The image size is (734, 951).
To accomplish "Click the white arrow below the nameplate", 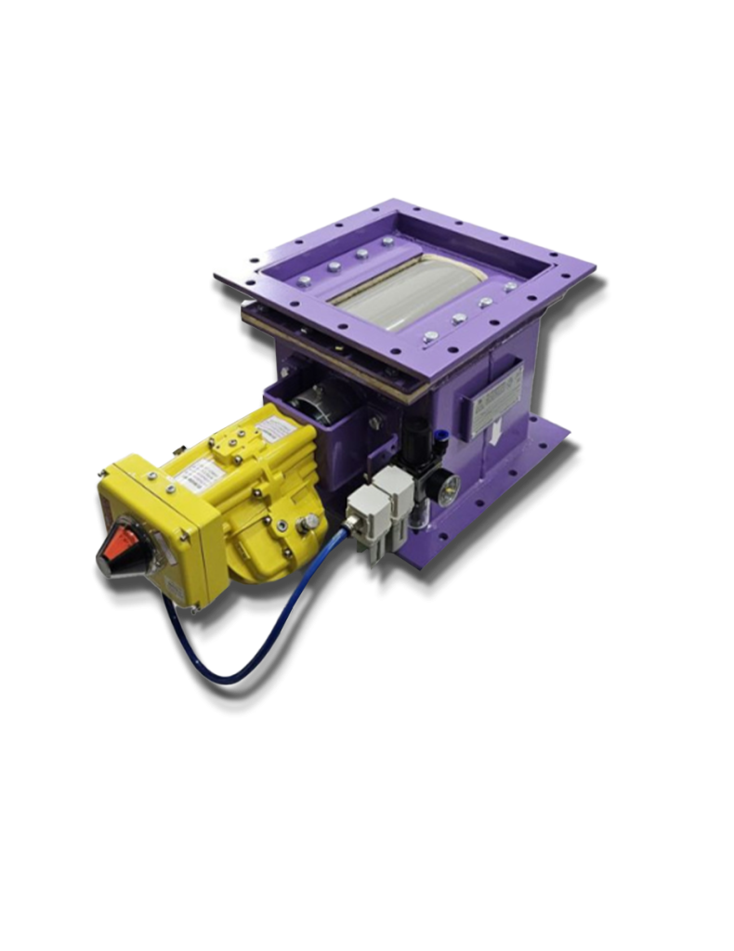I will [497, 430].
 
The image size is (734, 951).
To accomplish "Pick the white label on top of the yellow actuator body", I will [273, 429].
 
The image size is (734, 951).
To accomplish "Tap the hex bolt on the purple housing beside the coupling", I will [374, 423].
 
